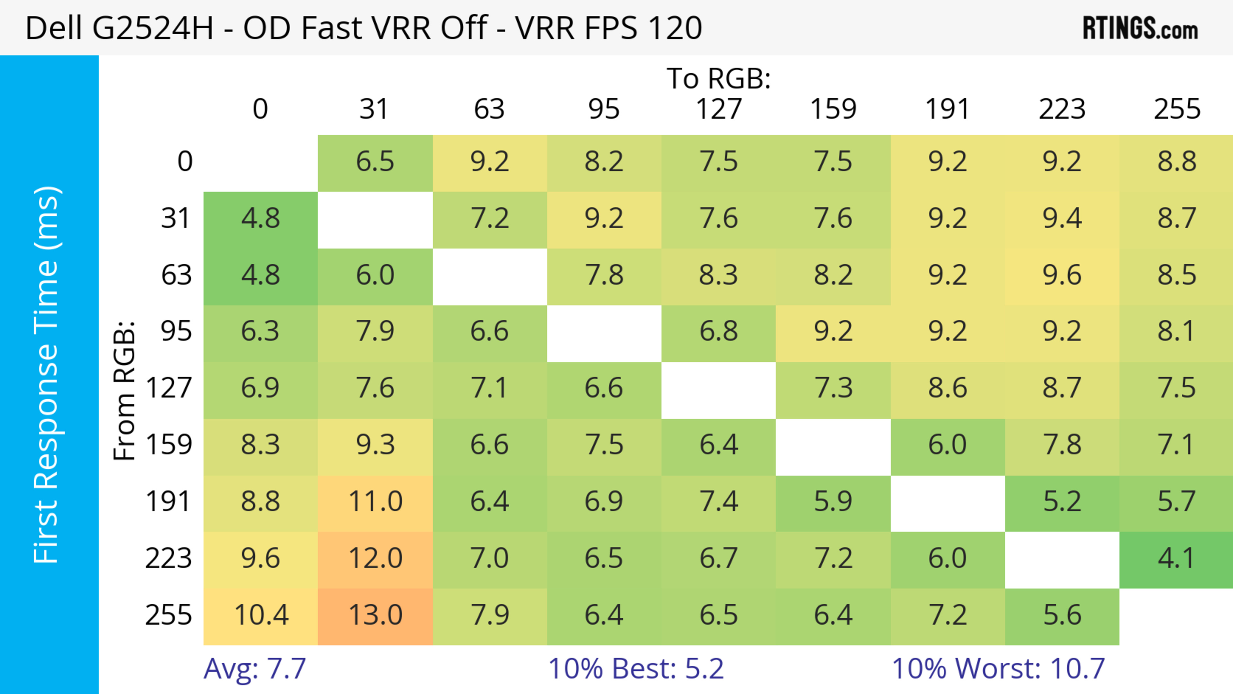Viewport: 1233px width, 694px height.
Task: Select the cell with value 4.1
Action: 1176,558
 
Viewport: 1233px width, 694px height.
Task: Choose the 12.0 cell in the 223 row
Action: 375,558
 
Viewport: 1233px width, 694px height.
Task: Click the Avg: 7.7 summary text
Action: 255,669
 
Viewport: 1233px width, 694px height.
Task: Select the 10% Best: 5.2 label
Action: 636,669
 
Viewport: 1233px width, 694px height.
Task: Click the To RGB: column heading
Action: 719,78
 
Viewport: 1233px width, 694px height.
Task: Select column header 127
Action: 719,109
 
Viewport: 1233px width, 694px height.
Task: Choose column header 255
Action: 1176,109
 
